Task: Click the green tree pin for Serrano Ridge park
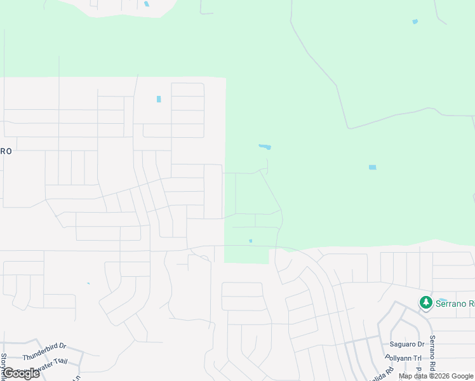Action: pyautogui.click(x=425, y=303)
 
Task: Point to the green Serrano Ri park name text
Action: pyautogui.click(x=454, y=304)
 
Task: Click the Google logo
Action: pyautogui.click(x=21, y=373)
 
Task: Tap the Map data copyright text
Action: pyautogui.click(x=436, y=376)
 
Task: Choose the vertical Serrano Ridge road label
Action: pyautogui.click(x=432, y=353)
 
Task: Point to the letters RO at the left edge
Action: pyautogui.click(x=6, y=152)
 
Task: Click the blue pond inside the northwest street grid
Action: pyautogui.click(x=158, y=99)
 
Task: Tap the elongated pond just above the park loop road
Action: pyautogui.click(x=265, y=147)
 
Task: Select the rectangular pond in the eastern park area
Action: pyautogui.click(x=372, y=167)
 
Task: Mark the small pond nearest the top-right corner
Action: pyautogui.click(x=415, y=22)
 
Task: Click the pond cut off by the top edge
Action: pyautogui.click(x=146, y=4)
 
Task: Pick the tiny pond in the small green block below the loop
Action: pyautogui.click(x=251, y=241)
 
